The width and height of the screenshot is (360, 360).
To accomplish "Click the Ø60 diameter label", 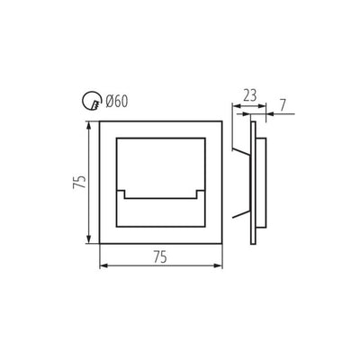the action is (x=117, y=102).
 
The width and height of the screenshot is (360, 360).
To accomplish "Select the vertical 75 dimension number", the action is (x=79, y=182).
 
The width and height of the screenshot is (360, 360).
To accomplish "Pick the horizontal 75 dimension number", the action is (x=160, y=257).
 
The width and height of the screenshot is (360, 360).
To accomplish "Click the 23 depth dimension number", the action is (x=249, y=96).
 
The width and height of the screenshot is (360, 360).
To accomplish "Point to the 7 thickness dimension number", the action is (x=283, y=105).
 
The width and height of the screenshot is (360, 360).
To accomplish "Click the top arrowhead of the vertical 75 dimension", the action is (x=89, y=126).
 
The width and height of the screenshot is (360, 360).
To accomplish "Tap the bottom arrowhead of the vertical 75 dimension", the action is (x=89, y=239).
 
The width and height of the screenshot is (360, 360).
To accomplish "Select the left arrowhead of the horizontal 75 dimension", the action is (x=103, y=265).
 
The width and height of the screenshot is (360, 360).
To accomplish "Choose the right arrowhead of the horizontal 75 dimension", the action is (x=218, y=265).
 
